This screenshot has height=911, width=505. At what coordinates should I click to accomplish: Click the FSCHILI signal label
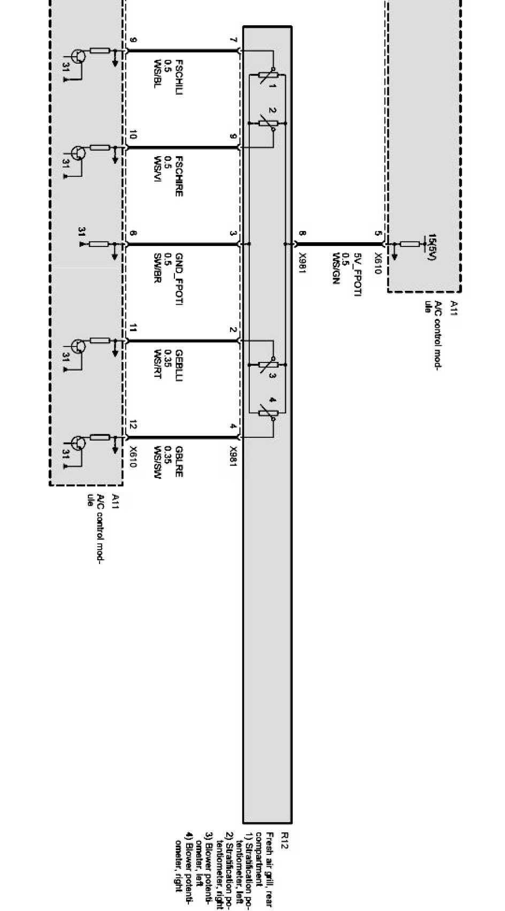tap(179, 74)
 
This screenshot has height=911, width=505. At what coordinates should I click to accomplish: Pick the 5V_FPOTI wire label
tap(358, 275)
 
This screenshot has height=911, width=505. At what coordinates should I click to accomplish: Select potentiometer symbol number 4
tap(267, 412)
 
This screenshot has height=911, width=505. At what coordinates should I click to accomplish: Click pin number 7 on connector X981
tap(232, 41)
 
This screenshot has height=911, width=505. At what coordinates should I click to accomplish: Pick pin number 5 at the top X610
tap(378, 234)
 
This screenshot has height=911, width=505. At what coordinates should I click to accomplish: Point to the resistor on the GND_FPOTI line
tap(98, 244)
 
